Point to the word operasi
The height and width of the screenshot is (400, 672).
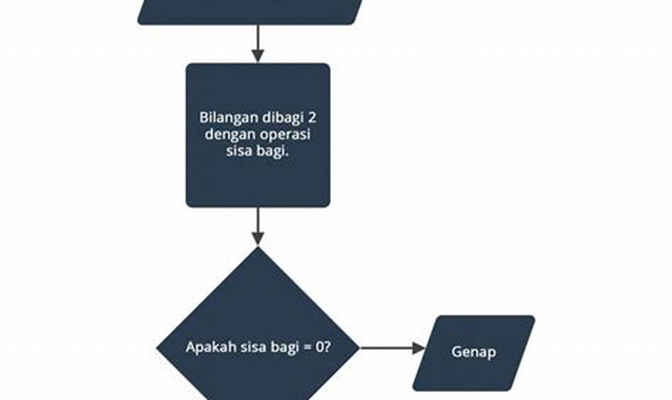click(286, 135)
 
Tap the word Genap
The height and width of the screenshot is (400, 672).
click(473, 352)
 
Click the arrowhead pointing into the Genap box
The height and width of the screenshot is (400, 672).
click(419, 348)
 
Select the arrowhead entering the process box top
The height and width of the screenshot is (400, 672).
click(258, 56)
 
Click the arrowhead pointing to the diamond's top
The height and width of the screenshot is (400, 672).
click(258, 239)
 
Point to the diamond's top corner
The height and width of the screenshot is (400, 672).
click(258, 248)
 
